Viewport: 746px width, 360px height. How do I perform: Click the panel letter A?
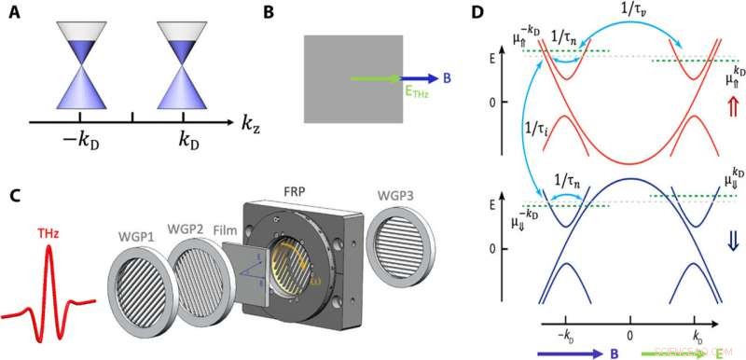tap(12, 14)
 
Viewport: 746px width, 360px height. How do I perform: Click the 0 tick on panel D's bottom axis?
tap(630, 334)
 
